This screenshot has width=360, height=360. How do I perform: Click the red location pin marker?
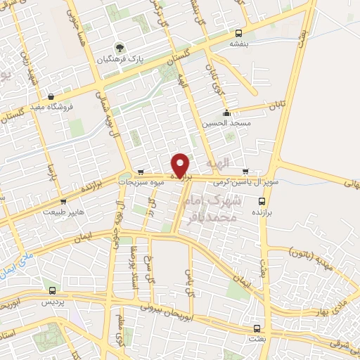coord(181,165)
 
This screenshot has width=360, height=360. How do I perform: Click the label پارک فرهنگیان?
coord(121,59)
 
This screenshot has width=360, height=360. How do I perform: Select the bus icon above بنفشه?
coord(239,33)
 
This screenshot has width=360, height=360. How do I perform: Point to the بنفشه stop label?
coord(239,43)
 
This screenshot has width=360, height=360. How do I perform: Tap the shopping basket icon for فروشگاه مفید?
coord(51,97)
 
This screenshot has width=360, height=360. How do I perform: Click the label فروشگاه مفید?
coord(51,107)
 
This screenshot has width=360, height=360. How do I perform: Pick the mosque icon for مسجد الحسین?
coord(226,114)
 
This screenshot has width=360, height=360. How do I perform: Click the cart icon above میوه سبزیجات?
coord(141,172)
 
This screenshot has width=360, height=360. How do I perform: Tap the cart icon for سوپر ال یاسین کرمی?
coord(245,171)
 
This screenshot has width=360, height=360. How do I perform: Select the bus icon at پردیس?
coord(53,290)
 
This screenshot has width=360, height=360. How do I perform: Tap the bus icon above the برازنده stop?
coord(268,200)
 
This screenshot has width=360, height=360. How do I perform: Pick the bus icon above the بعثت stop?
coord(256,328)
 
